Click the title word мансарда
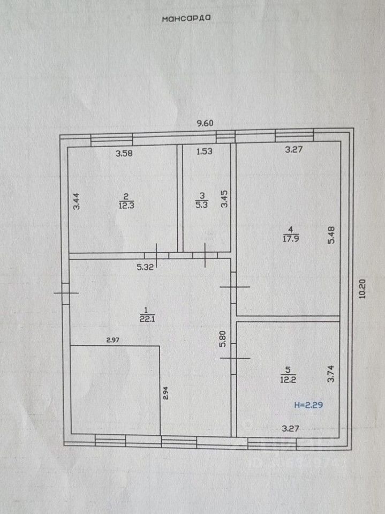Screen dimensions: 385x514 click(x=186, y=18)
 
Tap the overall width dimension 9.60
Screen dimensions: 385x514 click(x=205, y=123)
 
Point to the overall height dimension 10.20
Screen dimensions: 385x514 click(x=363, y=289)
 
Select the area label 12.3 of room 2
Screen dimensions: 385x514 click(x=126, y=206)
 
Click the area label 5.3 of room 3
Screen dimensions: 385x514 click(x=201, y=205)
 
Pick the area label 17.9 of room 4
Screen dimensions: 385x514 click(x=291, y=239)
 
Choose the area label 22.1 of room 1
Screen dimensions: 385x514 click(x=147, y=319)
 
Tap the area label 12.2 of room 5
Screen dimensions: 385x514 click(x=288, y=380)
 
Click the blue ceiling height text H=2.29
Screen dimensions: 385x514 click(x=308, y=405)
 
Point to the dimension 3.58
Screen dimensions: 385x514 click(x=124, y=153)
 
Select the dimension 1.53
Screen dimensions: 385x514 click(x=205, y=151)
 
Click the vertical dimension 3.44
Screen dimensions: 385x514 click(x=76, y=202)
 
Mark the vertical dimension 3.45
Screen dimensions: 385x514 click(x=224, y=199)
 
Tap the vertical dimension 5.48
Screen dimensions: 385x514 click(x=331, y=235)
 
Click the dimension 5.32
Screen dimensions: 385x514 click(x=145, y=267)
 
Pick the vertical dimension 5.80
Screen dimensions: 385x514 click(x=223, y=339)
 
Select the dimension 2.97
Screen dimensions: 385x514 click(x=113, y=341)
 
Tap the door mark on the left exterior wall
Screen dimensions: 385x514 click(x=66, y=293)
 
